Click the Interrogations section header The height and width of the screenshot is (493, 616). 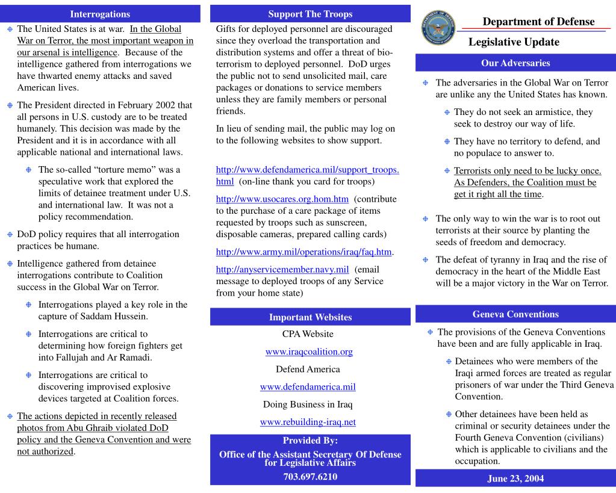100,13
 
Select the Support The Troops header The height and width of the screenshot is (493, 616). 310,13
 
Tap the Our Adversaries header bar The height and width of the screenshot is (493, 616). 515,62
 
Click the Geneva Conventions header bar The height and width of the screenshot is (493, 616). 515,314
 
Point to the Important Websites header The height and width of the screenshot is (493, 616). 310,317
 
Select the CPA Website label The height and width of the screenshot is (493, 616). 310,334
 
